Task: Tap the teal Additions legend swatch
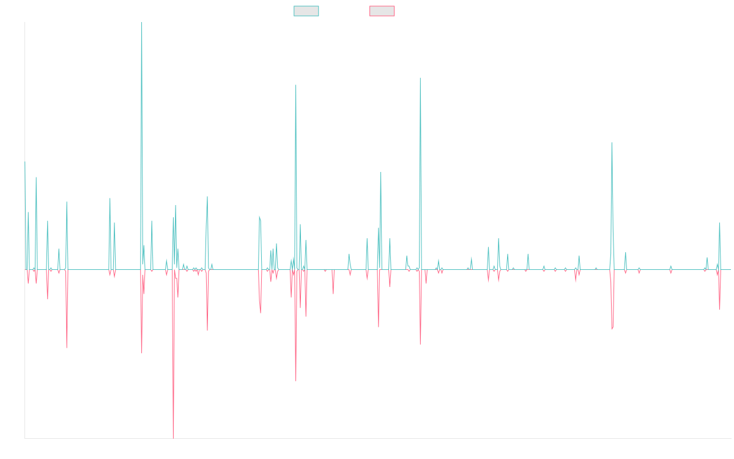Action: click(x=306, y=11)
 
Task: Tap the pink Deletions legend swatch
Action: click(x=382, y=11)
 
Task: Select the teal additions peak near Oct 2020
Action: click(x=420, y=79)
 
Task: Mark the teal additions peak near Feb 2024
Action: click(x=612, y=143)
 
